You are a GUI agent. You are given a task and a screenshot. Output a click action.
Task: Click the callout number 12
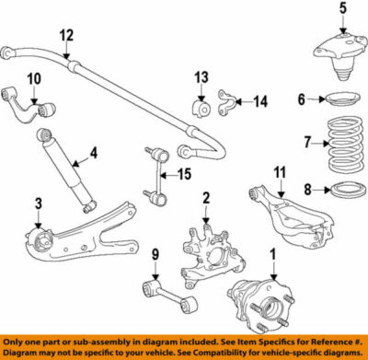(x=65, y=36)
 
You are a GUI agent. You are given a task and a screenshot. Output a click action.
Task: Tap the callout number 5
(x=343, y=11)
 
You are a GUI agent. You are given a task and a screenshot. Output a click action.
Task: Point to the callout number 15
(x=184, y=172)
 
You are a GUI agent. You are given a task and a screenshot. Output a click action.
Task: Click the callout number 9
(x=155, y=254)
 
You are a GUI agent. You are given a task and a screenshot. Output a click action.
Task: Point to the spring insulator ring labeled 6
(x=341, y=99)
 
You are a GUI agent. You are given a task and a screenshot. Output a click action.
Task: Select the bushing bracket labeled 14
(x=230, y=102)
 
